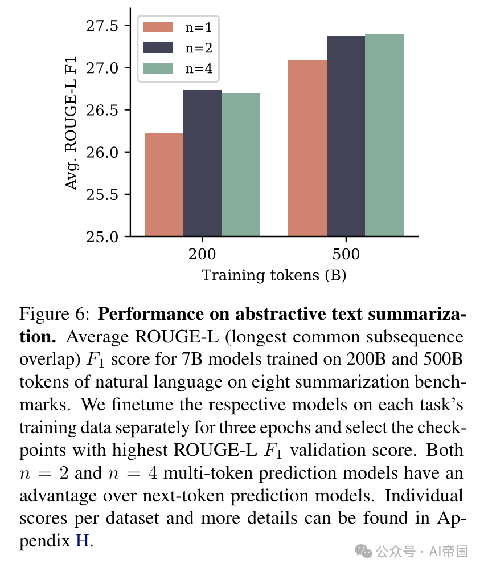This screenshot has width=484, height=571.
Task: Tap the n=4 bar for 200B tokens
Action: (241, 165)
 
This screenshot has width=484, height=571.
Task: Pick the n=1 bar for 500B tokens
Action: (307, 148)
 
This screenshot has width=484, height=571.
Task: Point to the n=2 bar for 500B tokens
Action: (346, 136)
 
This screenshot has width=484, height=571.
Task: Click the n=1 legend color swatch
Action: (158, 27)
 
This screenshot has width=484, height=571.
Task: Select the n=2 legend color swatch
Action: (158, 47)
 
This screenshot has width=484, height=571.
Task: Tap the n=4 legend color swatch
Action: (158, 68)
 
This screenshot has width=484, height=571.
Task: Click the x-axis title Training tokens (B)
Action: (274, 275)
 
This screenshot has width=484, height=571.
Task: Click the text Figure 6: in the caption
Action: (55, 314)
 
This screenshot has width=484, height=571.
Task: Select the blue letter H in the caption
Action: (82, 539)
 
